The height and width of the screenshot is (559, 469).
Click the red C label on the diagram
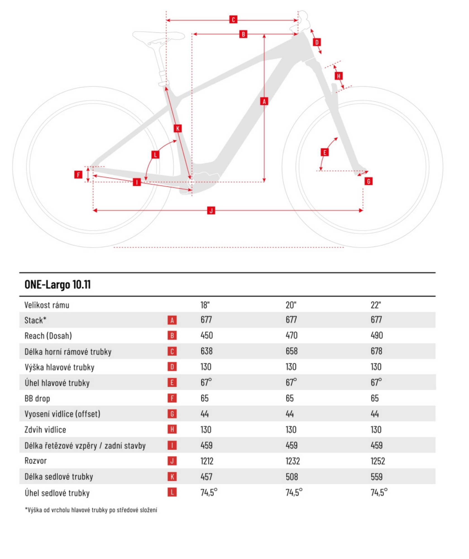(233, 20)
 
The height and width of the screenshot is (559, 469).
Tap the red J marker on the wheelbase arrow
(211, 210)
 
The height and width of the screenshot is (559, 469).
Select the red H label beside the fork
(339, 76)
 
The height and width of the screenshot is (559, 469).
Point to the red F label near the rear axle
(78, 175)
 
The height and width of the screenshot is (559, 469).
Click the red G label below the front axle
(368, 181)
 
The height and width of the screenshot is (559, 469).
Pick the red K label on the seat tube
(178, 128)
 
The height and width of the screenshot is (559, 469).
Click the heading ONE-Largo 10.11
(58, 285)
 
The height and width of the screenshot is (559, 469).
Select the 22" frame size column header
(376, 305)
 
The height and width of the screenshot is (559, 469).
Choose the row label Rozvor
(36, 461)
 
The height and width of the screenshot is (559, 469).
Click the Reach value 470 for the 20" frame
(291, 335)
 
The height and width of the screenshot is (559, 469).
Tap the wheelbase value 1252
(378, 461)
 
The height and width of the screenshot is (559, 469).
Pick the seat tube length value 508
(292, 477)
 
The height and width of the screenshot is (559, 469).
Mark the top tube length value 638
(207, 351)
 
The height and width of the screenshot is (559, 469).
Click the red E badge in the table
(172, 382)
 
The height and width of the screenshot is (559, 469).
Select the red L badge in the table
(172, 492)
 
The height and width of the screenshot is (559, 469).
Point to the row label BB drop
(37, 398)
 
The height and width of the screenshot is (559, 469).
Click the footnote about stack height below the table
(91, 510)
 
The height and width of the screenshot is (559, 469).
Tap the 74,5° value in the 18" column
(209, 492)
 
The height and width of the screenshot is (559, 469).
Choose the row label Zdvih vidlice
(45, 430)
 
